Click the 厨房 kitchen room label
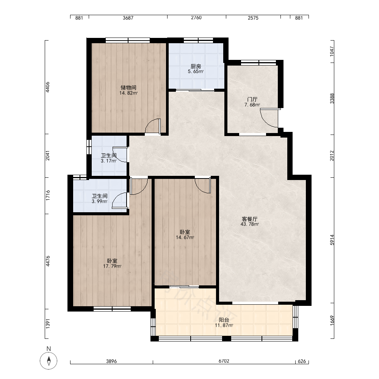(x=196, y=66)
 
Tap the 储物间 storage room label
(x=128, y=88)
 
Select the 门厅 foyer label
(x=252, y=99)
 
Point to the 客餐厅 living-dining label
(x=250, y=219)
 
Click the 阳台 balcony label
(x=224, y=320)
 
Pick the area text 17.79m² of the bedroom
(x=112, y=266)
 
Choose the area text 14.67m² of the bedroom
(x=185, y=237)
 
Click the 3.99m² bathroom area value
(x=100, y=201)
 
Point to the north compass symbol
(x=49, y=361)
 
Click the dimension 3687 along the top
(x=128, y=18)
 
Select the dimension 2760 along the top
(x=196, y=18)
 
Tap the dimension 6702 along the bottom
(x=224, y=361)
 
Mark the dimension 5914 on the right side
(x=332, y=240)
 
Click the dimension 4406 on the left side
(x=48, y=87)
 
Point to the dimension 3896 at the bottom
(x=111, y=361)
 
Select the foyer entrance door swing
(x=269, y=118)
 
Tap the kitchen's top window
(x=198, y=41)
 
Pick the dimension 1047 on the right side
(x=332, y=52)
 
